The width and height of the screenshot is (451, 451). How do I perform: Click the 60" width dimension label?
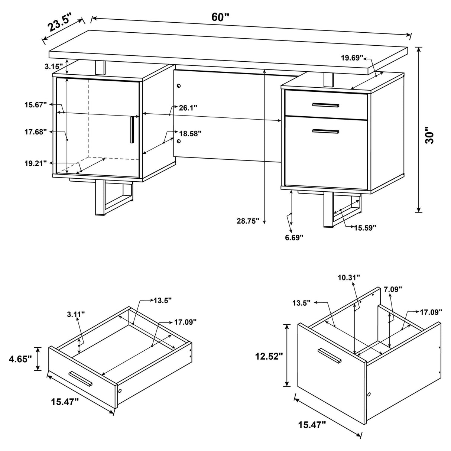pyautogui.click(x=221, y=17)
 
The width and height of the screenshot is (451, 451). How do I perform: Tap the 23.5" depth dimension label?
pyautogui.click(x=59, y=23)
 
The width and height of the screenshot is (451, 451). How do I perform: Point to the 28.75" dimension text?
pyautogui.click(x=248, y=221)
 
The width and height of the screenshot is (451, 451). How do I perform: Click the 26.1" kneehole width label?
pyautogui.click(x=188, y=108)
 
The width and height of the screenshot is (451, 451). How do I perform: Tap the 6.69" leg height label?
pyautogui.click(x=294, y=237)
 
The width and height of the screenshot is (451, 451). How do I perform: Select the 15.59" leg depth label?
pyautogui.click(x=365, y=227)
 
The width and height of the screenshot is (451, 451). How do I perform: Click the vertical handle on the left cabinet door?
pyautogui.click(x=132, y=130)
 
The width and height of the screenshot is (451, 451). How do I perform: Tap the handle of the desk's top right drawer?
pyautogui.click(x=326, y=105)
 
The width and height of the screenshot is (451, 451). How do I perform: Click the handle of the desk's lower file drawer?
pyautogui.click(x=326, y=131)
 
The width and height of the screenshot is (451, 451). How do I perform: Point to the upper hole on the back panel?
pyautogui.click(x=179, y=86)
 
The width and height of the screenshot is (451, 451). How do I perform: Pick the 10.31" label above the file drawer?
pyautogui.click(x=349, y=278)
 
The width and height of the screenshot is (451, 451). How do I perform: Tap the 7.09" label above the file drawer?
pyautogui.click(x=393, y=289)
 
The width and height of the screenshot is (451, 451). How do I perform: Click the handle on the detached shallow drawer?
pyautogui.click(x=80, y=379)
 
